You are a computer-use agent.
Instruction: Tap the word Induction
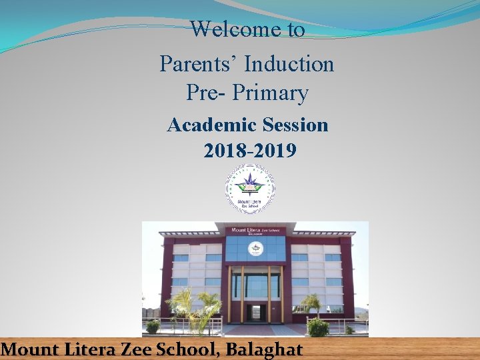289,64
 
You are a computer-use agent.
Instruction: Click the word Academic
212,125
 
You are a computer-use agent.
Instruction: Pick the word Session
295,125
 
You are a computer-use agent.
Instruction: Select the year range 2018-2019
250,151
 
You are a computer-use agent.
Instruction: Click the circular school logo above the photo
250,189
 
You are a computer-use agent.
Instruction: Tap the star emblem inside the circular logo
250,180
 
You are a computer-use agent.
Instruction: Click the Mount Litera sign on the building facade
255,231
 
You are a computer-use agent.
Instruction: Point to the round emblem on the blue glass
255,249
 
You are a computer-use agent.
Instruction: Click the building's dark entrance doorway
255,312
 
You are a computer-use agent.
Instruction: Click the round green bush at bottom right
318,327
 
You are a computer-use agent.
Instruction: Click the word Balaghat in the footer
264,349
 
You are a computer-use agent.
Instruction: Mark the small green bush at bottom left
153,327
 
